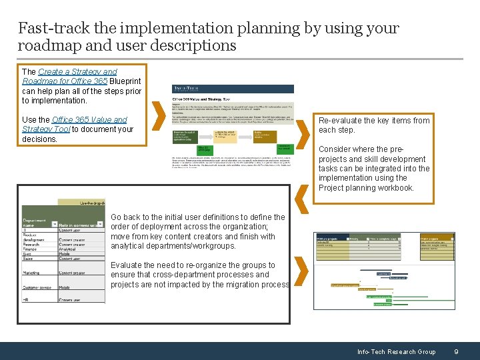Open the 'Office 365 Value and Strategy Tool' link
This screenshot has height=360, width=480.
[74, 124]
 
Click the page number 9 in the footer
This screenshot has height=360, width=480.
[455, 351]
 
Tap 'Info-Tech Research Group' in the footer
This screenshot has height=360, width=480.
[396, 351]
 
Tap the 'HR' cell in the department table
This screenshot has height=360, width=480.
[27, 300]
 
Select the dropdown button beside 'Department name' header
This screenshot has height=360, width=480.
[53, 225]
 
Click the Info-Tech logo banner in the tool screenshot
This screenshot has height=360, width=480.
[233, 89]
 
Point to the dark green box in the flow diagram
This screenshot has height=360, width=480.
[282, 147]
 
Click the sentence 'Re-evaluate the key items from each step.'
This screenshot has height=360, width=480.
[373, 125]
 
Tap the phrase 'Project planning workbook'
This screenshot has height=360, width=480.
[375, 188]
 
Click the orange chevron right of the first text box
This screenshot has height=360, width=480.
[159, 117]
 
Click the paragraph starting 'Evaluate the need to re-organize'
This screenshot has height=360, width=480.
[199, 275]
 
